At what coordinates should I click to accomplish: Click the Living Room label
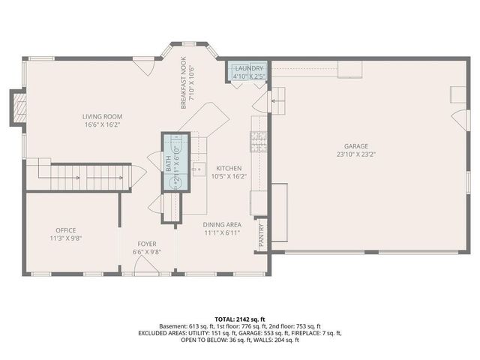pos(102,116)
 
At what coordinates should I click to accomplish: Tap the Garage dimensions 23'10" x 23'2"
pos(356,154)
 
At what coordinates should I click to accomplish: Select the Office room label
pos(66,230)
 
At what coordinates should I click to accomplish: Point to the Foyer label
pos(146,244)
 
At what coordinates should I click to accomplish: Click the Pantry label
pos(261,235)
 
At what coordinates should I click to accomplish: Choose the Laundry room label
pos(249,68)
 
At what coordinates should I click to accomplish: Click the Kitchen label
pos(229,168)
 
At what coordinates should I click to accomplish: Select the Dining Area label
pos(221,224)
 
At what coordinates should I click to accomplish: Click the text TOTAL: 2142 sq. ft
pos(240,319)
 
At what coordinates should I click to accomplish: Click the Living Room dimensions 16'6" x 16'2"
pos(102,124)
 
